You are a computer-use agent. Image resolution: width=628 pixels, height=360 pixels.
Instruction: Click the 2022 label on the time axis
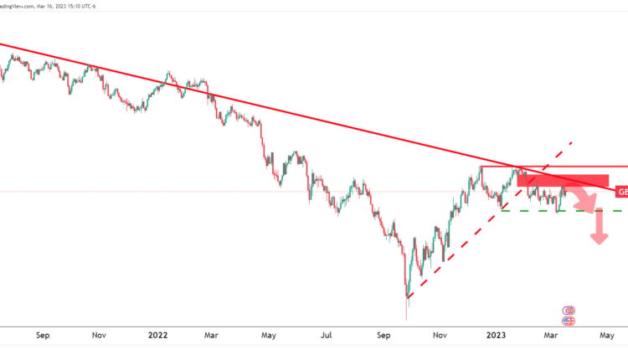158,335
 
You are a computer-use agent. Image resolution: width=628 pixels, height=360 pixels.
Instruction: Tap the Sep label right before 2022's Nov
44,335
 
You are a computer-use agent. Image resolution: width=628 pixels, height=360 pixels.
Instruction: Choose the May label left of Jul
269,335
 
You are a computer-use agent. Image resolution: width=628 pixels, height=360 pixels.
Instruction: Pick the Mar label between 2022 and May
211,335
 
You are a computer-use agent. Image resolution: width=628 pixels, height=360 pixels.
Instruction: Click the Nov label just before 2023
440,335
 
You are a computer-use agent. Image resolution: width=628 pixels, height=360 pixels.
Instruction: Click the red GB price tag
621,192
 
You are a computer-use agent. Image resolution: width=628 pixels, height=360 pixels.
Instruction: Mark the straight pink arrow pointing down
599,228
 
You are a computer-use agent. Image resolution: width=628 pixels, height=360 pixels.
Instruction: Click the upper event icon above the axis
569,311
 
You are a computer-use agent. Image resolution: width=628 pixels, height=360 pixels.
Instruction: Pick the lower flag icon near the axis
569,320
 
